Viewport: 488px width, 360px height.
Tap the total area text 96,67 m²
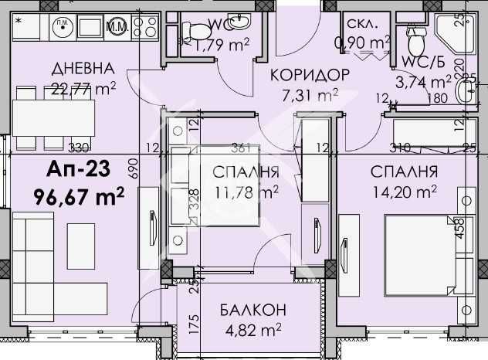[80, 197]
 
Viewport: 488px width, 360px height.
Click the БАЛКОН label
[242, 310]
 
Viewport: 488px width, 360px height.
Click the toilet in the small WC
[200, 30]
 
